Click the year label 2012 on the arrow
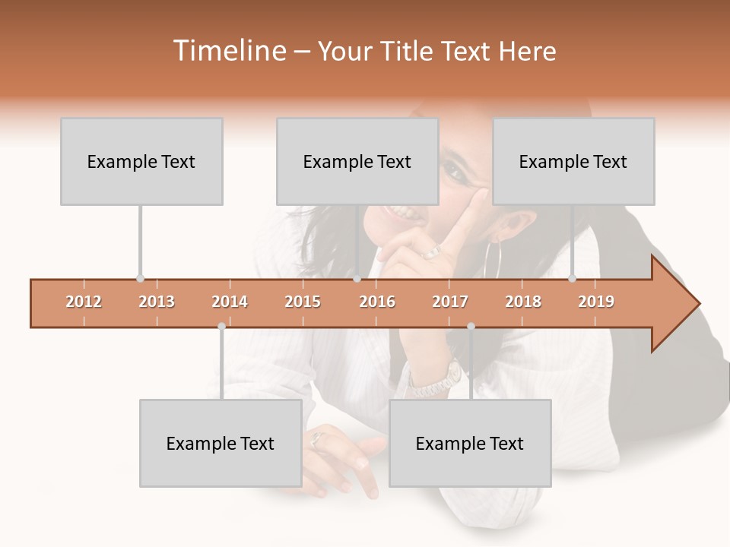tap(84, 302)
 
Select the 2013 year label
tap(157, 302)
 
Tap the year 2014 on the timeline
tap(230, 302)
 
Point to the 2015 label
tap(303, 302)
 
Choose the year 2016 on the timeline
tap(377, 302)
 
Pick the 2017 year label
tap(450, 302)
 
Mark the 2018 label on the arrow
tap(523, 302)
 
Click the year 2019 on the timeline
tap(596, 302)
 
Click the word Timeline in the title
tap(228, 51)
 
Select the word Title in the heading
tap(410, 51)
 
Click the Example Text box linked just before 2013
tap(141, 161)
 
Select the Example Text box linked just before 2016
tap(357, 161)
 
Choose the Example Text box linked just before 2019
tap(573, 161)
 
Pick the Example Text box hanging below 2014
tap(221, 443)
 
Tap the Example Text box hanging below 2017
tap(470, 443)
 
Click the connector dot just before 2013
tap(140, 278)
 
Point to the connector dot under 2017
tap(471, 327)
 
